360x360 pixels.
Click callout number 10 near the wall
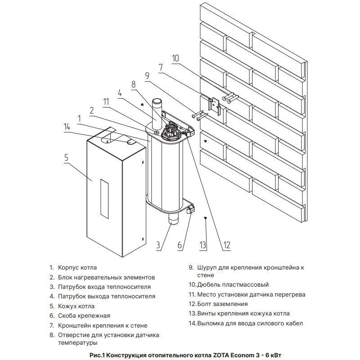pyautogui.click(x=175, y=58)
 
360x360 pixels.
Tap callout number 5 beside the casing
pyautogui.click(x=66, y=158)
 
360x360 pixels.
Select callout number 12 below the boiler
pyautogui.click(x=226, y=245)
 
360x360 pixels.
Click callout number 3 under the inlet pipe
pyautogui.click(x=158, y=245)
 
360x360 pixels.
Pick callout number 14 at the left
pyautogui.click(x=67, y=126)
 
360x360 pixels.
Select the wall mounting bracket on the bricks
pyautogui.click(x=214, y=105)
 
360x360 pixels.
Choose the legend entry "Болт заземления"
pyautogui.click(x=222, y=304)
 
